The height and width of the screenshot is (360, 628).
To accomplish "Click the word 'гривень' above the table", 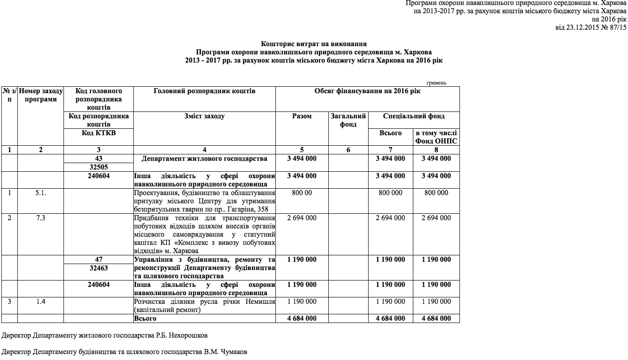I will click(x=436, y=83).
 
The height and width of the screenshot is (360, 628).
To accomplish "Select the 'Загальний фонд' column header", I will click(x=348, y=120).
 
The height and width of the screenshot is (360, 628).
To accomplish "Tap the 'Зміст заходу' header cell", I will click(x=204, y=116).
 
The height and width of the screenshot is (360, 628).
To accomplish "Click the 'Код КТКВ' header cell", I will click(x=98, y=133).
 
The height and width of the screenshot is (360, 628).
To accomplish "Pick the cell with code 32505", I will click(x=98, y=167).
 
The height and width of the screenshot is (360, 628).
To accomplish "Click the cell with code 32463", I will click(x=98, y=268).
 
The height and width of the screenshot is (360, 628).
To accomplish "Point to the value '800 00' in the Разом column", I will click(x=301, y=193).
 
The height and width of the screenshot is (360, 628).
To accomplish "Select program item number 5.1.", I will click(x=40, y=193).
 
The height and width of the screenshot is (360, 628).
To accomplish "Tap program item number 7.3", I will click(x=40, y=218).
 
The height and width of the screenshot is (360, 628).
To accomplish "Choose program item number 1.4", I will click(x=40, y=302).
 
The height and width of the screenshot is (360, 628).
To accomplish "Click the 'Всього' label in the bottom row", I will click(x=145, y=318).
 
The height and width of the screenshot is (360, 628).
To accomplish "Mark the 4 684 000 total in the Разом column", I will click(x=301, y=318).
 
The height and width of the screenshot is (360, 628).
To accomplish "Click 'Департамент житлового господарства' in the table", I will click(x=204, y=159).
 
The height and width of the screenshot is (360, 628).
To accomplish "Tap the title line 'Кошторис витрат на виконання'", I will click(x=314, y=44).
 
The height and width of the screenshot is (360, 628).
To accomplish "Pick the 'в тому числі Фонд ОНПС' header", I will click(x=436, y=137).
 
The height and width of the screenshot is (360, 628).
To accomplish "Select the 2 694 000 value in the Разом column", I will click(x=301, y=218).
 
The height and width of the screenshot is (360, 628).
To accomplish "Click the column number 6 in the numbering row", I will click(x=348, y=149).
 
